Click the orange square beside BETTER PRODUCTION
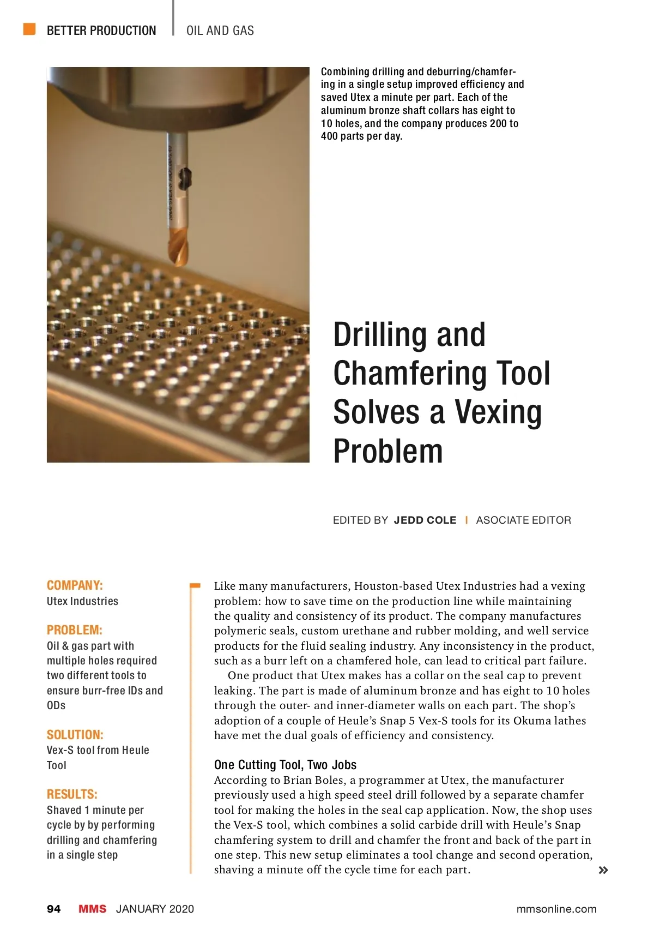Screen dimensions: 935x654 pos(29,29)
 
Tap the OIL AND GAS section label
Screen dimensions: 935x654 pos(220,31)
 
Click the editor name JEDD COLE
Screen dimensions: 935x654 pos(425,520)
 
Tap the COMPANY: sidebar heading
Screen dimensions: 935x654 pos(75,585)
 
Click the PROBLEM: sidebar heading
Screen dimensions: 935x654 pos(75,630)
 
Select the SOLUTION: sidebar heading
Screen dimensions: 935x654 pos(75,734)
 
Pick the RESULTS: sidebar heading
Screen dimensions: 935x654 pos(72,794)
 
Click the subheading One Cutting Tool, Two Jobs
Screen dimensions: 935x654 pos(285,765)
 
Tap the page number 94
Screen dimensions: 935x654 pos(54,909)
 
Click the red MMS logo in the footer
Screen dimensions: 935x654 pos(92,909)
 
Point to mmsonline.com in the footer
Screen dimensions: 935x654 pos(556,909)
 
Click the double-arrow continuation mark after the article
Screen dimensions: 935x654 pos(603,870)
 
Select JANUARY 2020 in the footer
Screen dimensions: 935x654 pos(155,909)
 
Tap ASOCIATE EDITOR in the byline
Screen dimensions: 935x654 pos(523,520)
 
